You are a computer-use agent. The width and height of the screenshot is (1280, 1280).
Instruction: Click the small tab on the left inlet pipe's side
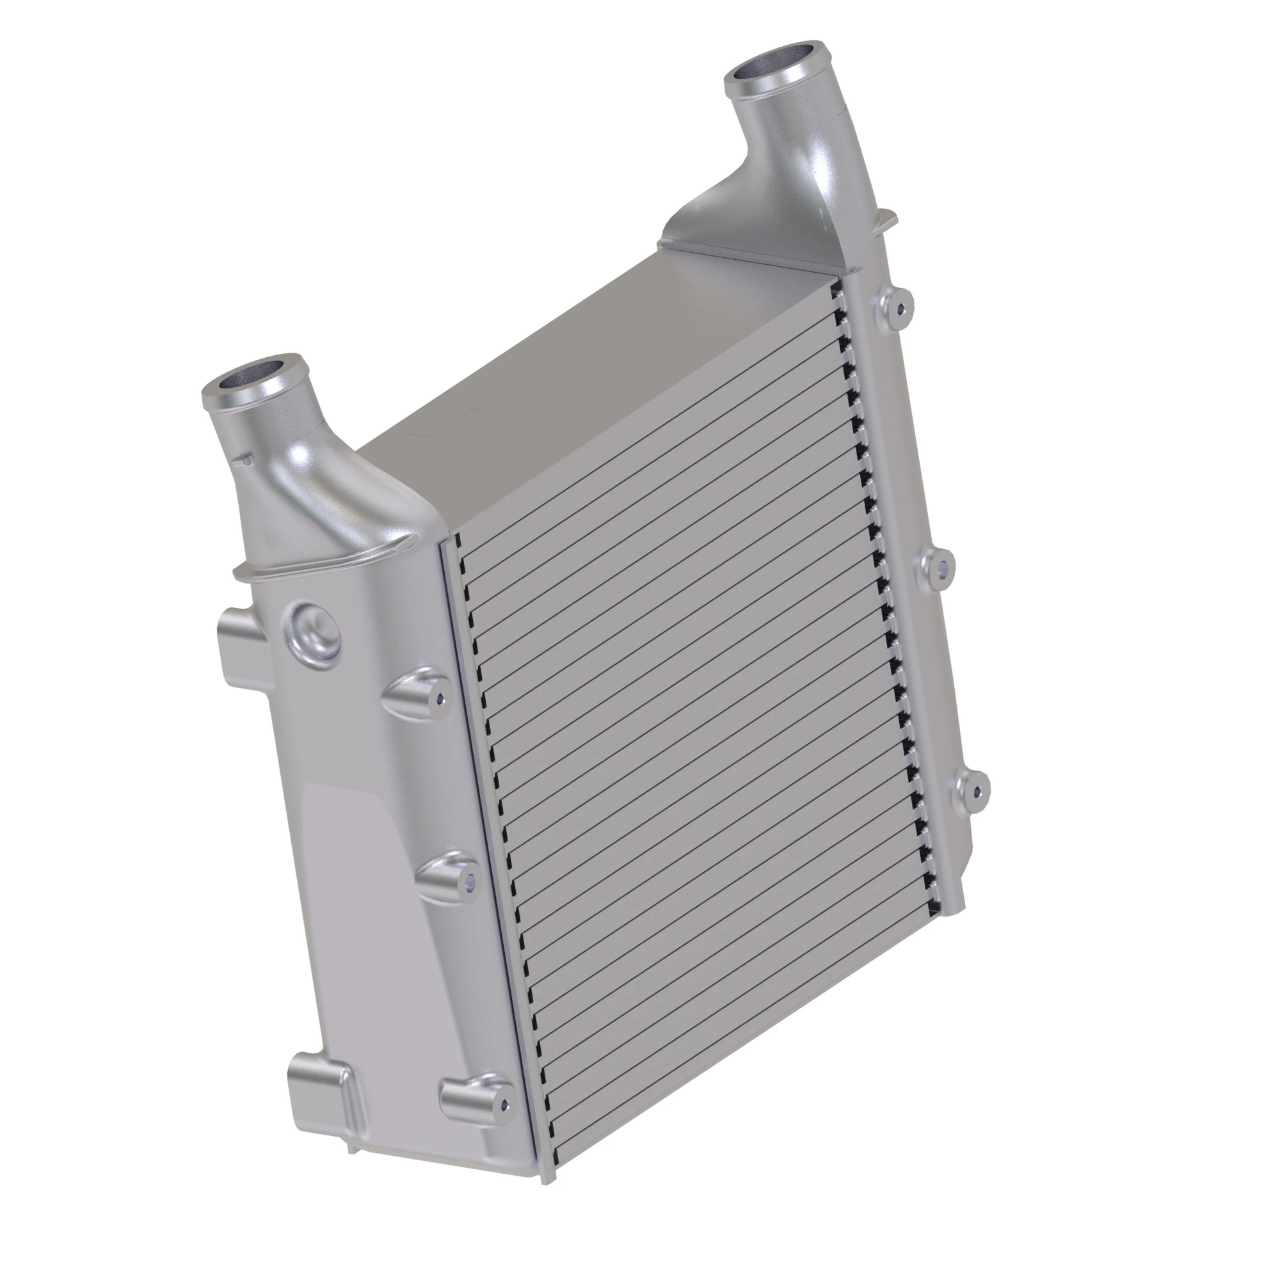(x=244, y=458)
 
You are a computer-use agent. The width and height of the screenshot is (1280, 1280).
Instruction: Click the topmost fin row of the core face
(x=649, y=424)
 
